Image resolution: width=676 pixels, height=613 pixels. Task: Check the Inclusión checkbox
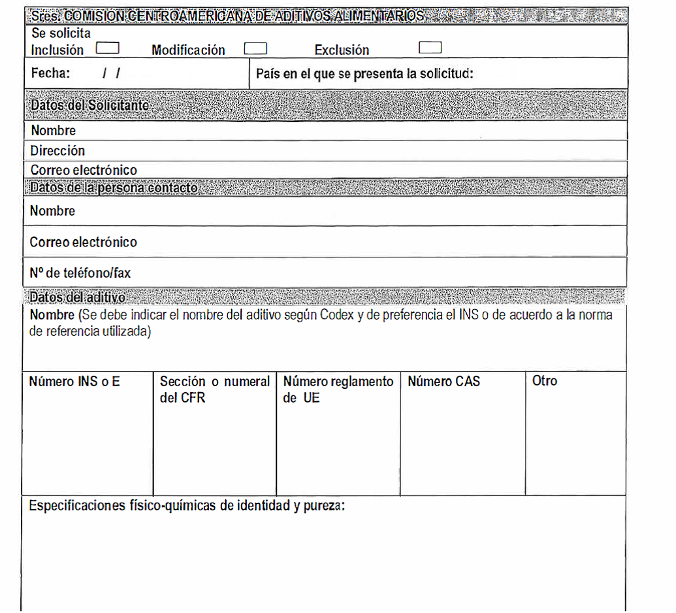click(108, 48)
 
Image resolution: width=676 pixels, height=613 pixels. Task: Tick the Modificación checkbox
click(255, 48)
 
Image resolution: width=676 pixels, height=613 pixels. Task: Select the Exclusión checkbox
click(430, 48)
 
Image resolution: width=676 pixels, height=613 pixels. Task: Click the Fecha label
click(50, 73)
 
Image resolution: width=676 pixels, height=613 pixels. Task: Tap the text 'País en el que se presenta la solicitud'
click(364, 74)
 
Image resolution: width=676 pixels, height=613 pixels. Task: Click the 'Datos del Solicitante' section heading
click(89, 105)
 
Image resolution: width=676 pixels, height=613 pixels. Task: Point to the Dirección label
click(57, 151)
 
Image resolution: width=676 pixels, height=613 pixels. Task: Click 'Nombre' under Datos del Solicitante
click(53, 131)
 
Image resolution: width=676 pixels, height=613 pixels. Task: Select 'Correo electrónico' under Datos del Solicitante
click(84, 171)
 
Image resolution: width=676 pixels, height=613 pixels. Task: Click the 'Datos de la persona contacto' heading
click(114, 188)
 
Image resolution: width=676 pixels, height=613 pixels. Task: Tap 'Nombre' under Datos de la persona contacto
click(52, 211)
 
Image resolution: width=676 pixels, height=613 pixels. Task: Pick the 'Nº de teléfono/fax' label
click(80, 273)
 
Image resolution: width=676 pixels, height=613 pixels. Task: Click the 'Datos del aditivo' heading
click(77, 297)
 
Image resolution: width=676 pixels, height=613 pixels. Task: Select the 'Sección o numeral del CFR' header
click(214, 389)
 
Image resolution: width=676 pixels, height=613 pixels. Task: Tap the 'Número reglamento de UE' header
click(338, 389)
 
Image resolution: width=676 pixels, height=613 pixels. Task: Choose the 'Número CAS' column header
click(443, 381)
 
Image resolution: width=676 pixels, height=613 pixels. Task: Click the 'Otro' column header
click(545, 380)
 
